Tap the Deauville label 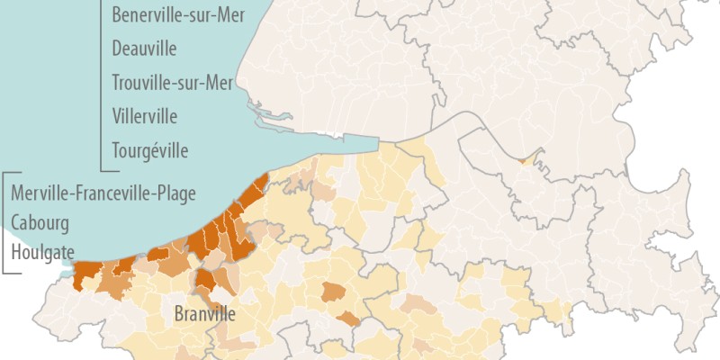[x=144, y=49]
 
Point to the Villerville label [x=145, y=116]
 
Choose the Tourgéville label [x=150, y=150]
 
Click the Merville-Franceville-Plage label [x=103, y=193]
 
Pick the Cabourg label [x=40, y=223]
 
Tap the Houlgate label [x=42, y=253]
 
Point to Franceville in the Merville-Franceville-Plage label [x=113, y=193]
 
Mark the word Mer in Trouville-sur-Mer [x=217, y=83]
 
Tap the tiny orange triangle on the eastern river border [x=523, y=160]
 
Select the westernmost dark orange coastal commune [x=86, y=274]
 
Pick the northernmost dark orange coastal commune [x=260, y=184]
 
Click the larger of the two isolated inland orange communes [x=334, y=291]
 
